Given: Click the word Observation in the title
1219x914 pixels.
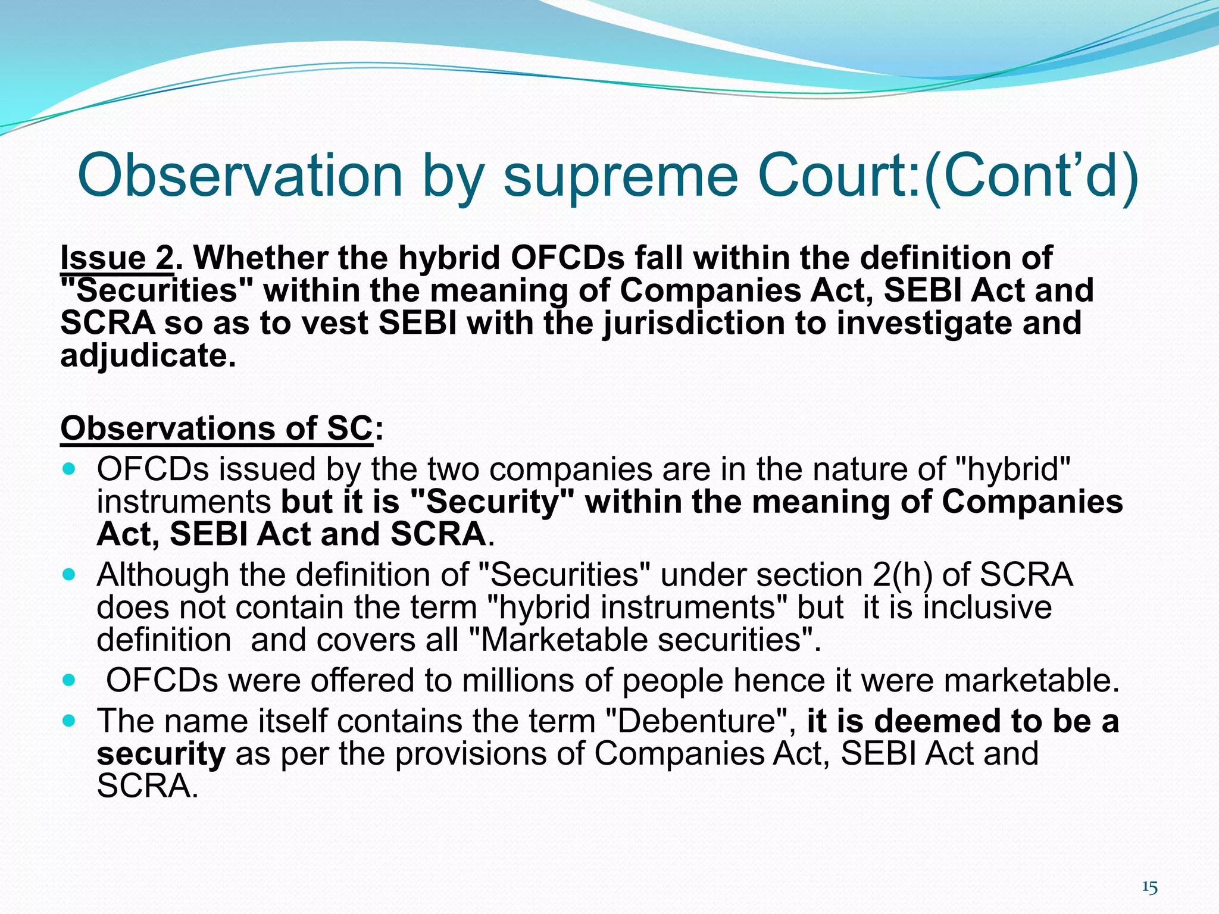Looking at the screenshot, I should pos(240,176).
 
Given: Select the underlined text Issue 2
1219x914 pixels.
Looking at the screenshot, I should pos(116,258).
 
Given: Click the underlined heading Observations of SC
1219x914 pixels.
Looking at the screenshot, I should pos(216,428).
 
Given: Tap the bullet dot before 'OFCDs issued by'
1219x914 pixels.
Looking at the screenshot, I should pos(70,469).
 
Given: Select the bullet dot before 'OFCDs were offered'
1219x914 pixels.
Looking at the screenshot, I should pos(70,680).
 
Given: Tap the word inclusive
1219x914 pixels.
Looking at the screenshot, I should pos(987,608).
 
